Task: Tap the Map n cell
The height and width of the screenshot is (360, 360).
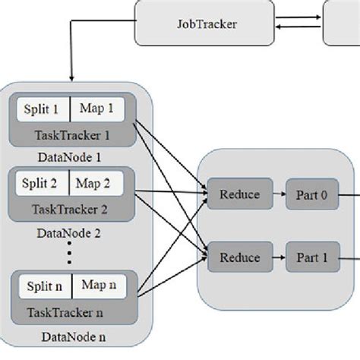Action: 99,286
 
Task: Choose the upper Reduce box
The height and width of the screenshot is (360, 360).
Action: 238,195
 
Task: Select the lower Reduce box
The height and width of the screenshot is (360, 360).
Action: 238,257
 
